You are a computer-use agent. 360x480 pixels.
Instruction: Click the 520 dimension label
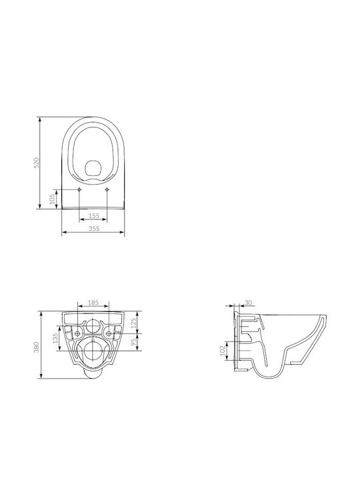[x=37, y=163]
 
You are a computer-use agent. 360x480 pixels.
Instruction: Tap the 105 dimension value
[x=53, y=199]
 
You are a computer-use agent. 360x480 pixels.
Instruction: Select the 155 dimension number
[x=94, y=215]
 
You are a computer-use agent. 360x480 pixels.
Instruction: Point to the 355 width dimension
[x=94, y=228]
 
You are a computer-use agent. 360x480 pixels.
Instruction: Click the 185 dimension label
[x=93, y=303]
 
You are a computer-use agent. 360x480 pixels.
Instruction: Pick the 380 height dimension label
[x=37, y=347]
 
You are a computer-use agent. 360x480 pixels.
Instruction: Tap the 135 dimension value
[x=55, y=338]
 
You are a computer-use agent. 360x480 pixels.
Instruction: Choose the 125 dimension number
[x=133, y=323]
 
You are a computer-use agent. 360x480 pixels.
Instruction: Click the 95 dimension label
[x=133, y=342]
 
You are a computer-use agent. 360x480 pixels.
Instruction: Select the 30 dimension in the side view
[x=249, y=303]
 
